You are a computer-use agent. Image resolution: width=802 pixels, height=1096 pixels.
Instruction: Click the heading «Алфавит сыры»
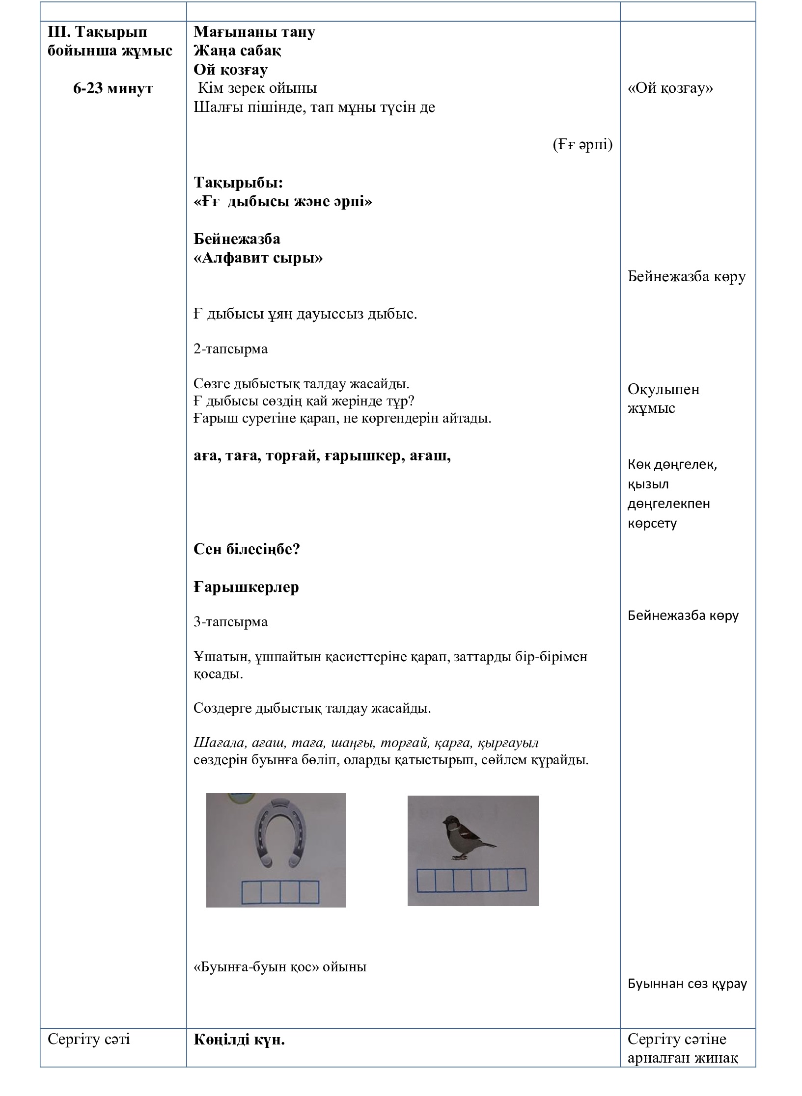click(x=258, y=258)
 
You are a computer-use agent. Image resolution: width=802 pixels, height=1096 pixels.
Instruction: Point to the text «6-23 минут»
click(x=113, y=88)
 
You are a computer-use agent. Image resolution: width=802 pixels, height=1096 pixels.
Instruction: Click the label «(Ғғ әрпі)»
click(x=582, y=145)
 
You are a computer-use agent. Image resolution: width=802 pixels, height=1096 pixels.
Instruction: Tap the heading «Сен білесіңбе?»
click(x=247, y=549)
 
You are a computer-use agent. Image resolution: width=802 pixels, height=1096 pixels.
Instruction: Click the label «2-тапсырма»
click(x=230, y=349)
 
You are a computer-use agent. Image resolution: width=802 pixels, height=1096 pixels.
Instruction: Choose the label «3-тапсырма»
click(x=230, y=622)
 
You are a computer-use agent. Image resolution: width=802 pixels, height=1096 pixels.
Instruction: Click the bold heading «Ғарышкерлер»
click(x=246, y=587)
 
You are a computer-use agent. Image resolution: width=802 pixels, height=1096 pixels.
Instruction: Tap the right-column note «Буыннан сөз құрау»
click(x=687, y=984)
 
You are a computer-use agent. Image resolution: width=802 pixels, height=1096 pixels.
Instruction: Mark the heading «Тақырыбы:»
click(x=238, y=183)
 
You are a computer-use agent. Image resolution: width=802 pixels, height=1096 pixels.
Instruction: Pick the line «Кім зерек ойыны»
click(x=257, y=88)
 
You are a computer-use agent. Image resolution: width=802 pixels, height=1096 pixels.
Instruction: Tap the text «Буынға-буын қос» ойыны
click(x=280, y=967)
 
